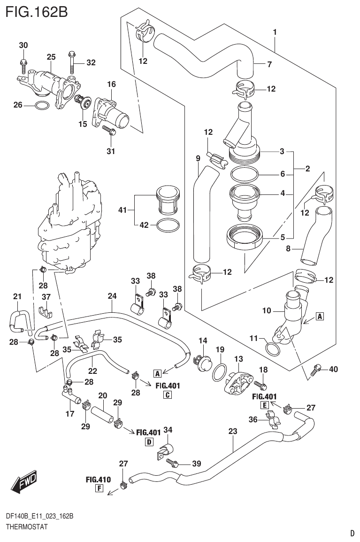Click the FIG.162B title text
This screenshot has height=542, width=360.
37,11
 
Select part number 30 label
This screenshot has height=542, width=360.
23,46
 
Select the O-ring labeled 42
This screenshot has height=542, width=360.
168,225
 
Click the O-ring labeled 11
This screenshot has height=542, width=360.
271,349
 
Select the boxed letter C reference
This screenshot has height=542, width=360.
167,395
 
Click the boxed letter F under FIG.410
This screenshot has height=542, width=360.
99,488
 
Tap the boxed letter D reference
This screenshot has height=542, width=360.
149,441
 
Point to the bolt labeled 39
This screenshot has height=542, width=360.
172,464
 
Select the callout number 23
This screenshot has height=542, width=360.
232,431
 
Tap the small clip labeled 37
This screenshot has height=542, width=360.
45,311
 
